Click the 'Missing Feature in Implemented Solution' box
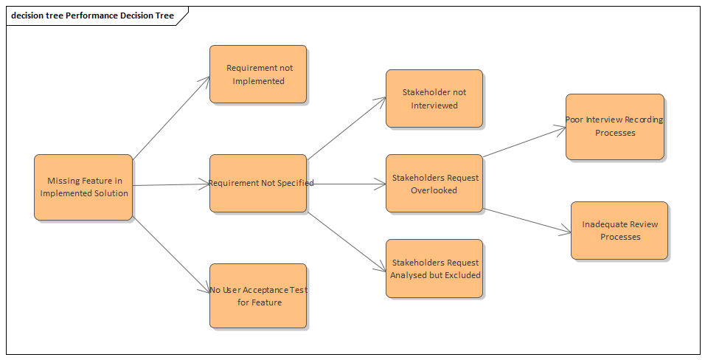[x=83, y=187]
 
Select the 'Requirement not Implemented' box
[x=257, y=74]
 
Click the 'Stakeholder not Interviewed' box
[x=434, y=98]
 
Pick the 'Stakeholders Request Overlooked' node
[x=434, y=184]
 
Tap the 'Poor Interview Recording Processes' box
[x=614, y=126]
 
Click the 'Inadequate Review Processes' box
[x=619, y=230]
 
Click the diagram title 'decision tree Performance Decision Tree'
[x=92, y=15]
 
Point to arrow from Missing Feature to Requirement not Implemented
[x=171, y=117]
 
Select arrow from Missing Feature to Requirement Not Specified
[x=171, y=185]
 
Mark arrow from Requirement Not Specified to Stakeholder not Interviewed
[x=346, y=128]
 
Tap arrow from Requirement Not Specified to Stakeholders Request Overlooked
[x=347, y=184]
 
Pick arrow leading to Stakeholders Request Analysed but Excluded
[x=346, y=240]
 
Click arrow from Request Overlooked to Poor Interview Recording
[x=524, y=142]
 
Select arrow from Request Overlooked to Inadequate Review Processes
[x=527, y=221]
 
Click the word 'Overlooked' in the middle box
[x=434, y=190]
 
